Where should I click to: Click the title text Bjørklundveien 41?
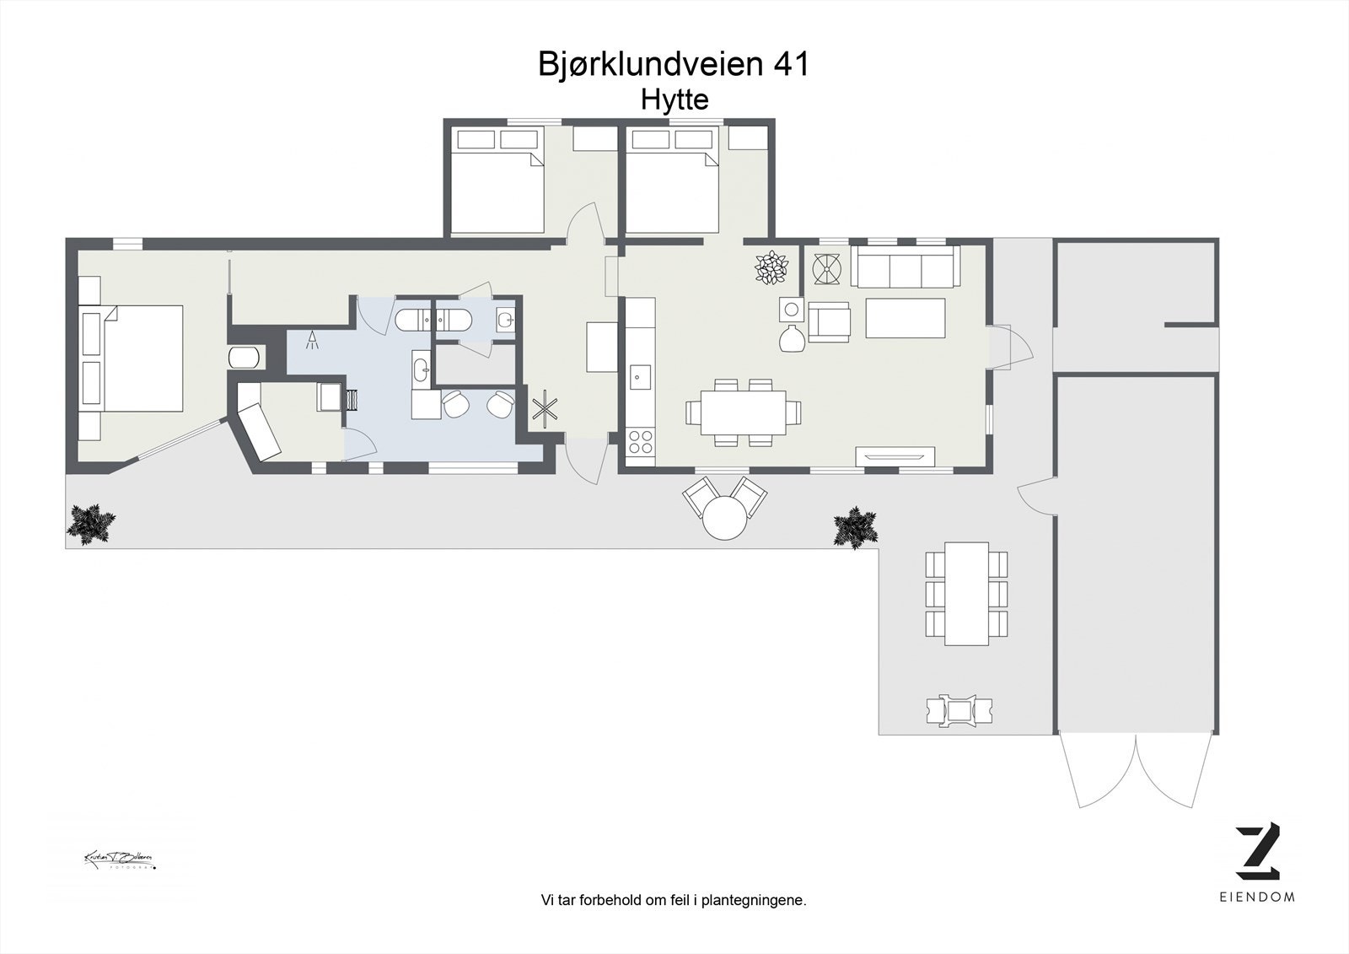(x=674, y=64)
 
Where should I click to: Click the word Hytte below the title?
(x=674, y=100)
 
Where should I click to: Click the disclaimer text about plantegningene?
(x=674, y=900)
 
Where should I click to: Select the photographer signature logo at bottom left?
(x=119, y=860)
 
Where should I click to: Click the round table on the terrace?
(x=725, y=517)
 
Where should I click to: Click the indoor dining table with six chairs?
(x=743, y=412)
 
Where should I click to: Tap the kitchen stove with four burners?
(x=641, y=441)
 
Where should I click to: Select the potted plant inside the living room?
(x=772, y=268)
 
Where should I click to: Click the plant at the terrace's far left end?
(x=91, y=523)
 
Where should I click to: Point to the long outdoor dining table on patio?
(x=966, y=593)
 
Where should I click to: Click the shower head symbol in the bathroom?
(x=313, y=339)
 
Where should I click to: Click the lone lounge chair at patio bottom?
(x=959, y=709)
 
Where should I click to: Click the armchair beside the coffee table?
(x=829, y=322)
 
